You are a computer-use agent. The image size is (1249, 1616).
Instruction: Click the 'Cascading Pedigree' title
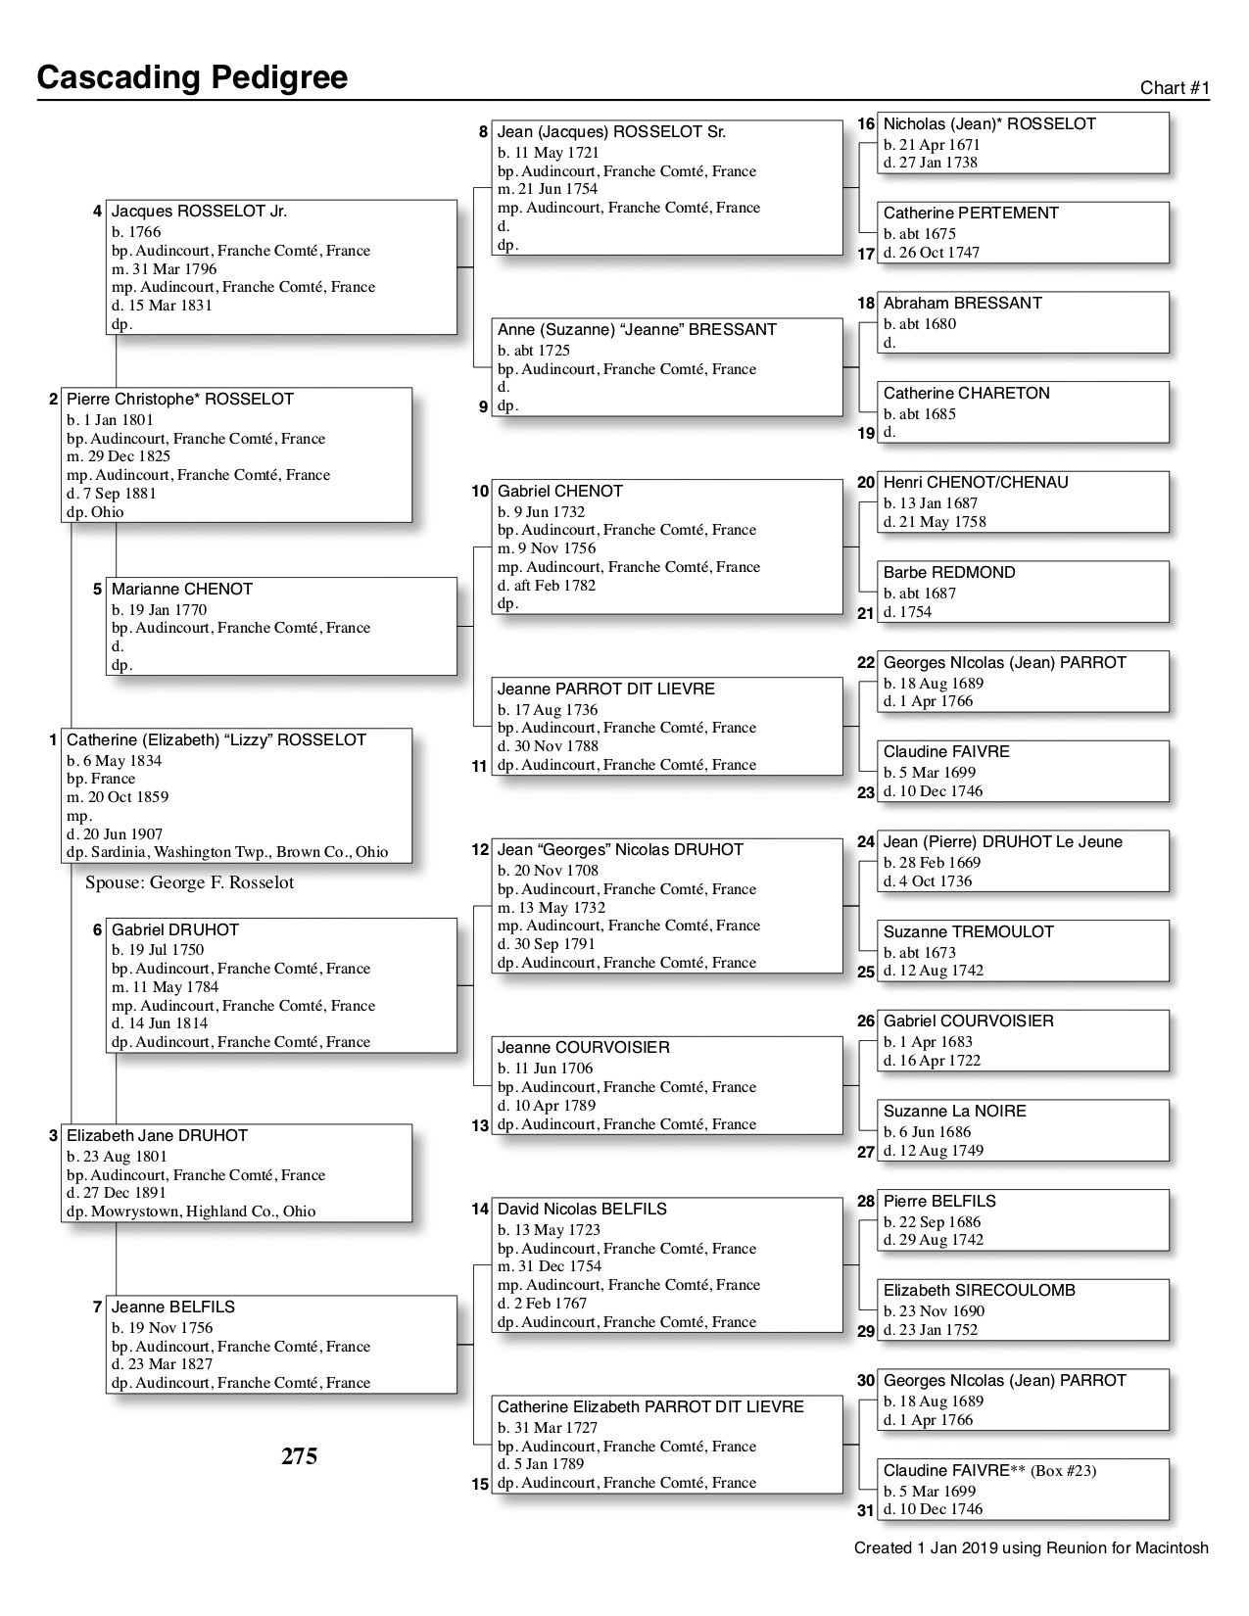(192, 77)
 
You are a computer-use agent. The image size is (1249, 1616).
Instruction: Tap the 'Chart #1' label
(1175, 88)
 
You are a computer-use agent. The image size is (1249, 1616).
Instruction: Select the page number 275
(299, 1456)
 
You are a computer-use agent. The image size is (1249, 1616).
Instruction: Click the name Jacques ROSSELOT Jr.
(199, 212)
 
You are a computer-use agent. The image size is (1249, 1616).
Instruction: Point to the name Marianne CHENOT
(182, 589)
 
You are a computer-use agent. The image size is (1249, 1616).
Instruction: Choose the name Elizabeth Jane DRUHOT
(157, 1135)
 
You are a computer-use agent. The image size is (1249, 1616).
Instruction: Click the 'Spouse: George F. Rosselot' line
(189, 882)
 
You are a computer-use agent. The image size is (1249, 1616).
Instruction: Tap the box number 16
(866, 124)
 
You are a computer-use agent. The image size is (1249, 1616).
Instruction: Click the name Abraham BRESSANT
(962, 303)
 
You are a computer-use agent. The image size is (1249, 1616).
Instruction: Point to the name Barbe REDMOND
(949, 572)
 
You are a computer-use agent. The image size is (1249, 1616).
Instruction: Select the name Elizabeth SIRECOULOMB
(979, 1290)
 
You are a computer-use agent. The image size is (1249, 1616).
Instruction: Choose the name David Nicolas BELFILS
(582, 1209)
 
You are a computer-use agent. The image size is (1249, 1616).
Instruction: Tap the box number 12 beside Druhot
(480, 849)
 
